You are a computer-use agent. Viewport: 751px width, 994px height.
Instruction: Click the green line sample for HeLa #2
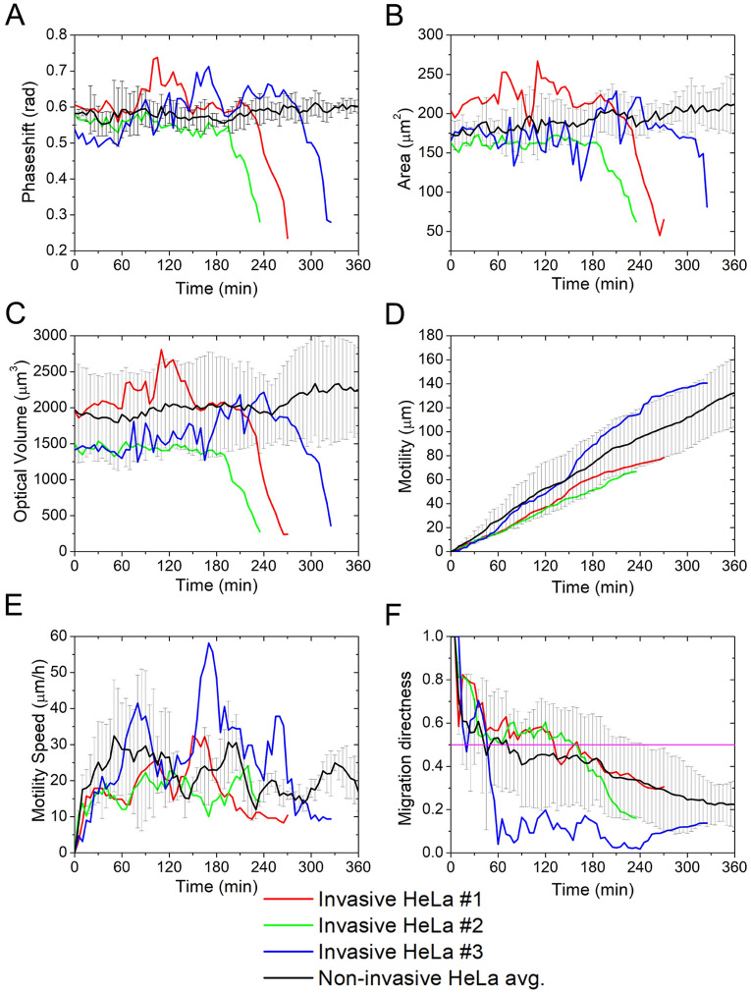point(291,925)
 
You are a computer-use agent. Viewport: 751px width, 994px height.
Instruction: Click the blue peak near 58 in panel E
point(209,643)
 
